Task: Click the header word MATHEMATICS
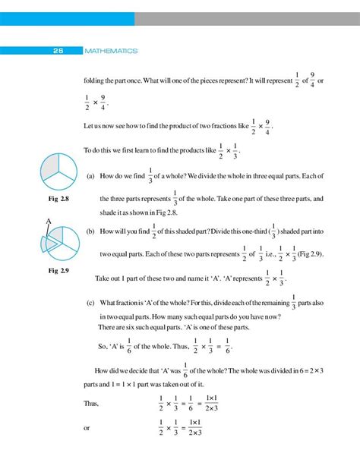pos(111,51)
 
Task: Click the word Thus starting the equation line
pos(91,404)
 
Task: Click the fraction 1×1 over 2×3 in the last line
pos(194,427)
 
